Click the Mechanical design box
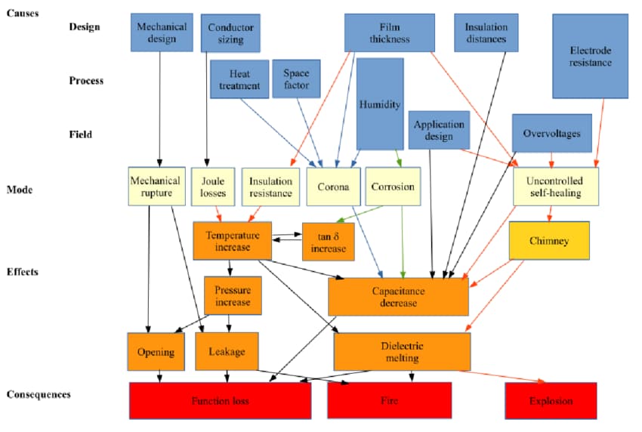point(161,32)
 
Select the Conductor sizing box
point(231,33)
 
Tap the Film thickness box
point(390,33)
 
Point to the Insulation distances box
point(486,33)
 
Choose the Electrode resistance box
point(590,57)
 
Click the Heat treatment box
point(239,79)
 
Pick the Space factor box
point(296,79)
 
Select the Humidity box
point(379,104)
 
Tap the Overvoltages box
point(551,134)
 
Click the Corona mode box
point(333,187)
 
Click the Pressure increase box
point(233,295)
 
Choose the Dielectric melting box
point(402,351)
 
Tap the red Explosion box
point(551,400)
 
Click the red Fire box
point(389,400)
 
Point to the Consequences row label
point(39,394)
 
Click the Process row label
point(85,80)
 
